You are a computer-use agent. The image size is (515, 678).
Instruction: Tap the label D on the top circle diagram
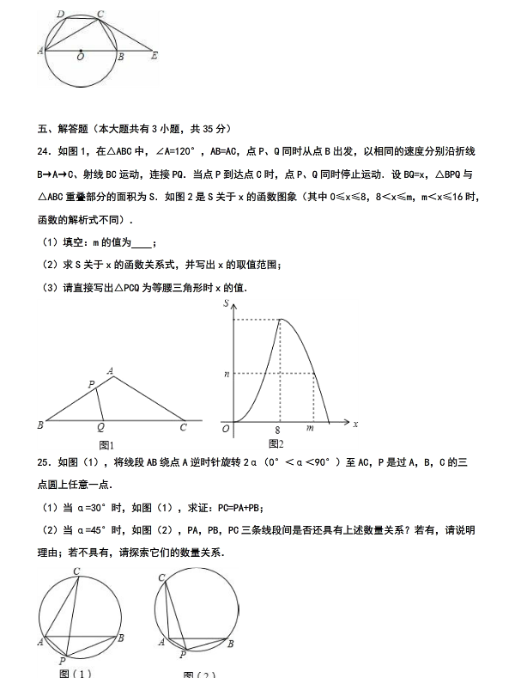point(59,15)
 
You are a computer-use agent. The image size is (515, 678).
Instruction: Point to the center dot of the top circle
point(80,51)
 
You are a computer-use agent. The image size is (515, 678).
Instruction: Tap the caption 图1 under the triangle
point(107,444)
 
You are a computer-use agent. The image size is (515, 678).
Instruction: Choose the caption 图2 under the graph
point(275,444)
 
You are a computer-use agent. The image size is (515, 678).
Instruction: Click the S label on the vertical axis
point(226,304)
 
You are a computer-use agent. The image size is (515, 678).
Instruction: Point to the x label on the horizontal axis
point(354,425)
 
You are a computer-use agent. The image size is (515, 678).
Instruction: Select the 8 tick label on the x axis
point(278,429)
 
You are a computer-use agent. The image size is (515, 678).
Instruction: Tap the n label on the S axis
point(226,374)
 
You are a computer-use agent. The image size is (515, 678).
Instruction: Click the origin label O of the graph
point(226,428)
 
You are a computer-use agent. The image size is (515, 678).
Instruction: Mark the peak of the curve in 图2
point(280,320)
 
